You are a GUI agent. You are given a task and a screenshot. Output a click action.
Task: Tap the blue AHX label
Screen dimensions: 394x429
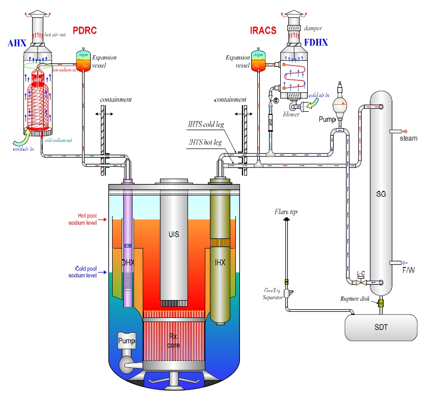[x=17, y=43]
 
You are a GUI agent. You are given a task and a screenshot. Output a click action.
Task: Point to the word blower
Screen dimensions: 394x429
[x=292, y=114]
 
